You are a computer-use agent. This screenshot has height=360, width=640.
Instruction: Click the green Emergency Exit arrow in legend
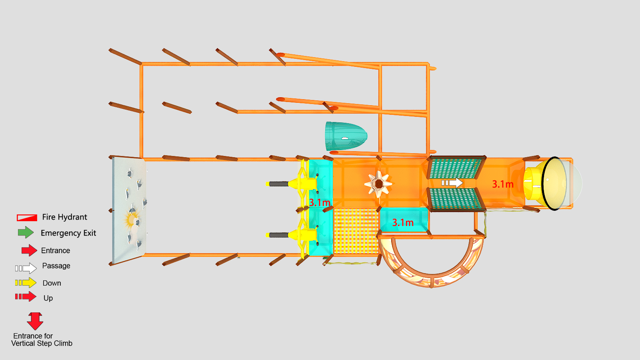26,232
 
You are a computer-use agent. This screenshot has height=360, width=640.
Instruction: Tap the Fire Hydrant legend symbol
27,218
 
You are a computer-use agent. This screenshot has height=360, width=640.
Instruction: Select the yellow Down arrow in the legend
26,282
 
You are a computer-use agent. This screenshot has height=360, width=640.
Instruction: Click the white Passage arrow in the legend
26,268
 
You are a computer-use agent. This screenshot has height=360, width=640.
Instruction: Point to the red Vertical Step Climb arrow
35,321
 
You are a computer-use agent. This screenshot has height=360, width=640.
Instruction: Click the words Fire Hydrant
64,217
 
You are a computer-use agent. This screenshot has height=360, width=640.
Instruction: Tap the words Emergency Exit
68,233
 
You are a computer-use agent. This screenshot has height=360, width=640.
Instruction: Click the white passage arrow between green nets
452,182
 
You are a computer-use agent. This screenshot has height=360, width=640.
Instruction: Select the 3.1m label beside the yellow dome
502,184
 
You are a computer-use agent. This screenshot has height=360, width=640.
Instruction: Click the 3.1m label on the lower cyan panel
402,222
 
